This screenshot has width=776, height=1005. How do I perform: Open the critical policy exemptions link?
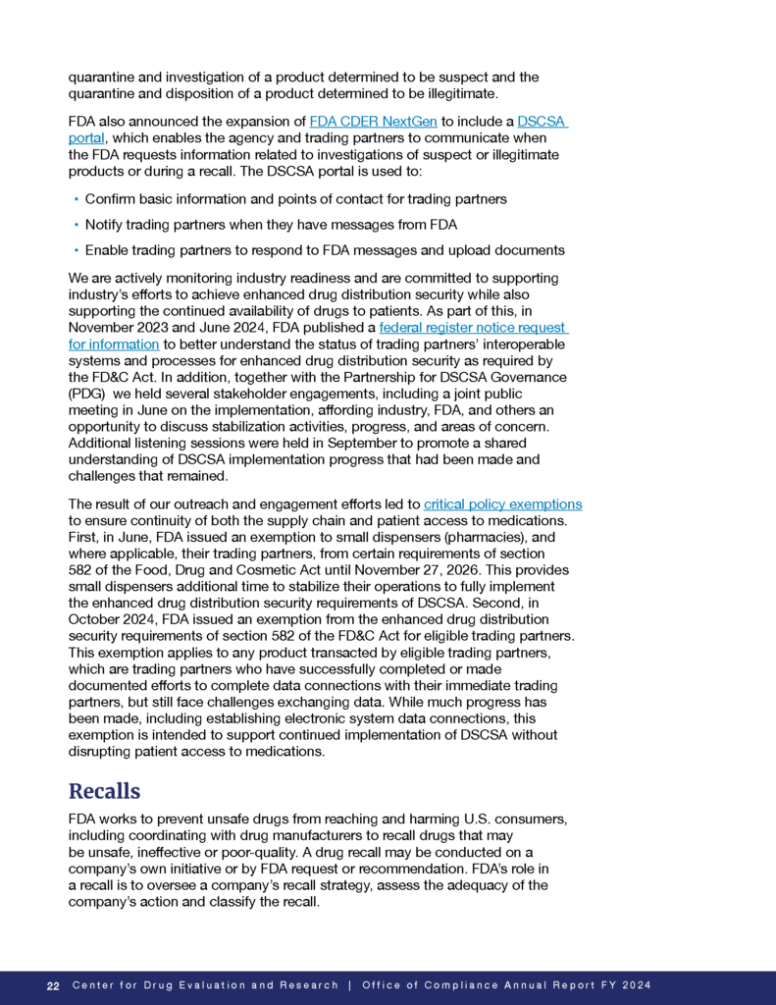(502, 504)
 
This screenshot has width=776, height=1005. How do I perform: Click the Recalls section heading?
(104, 791)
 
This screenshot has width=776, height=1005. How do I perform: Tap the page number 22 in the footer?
(53, 985)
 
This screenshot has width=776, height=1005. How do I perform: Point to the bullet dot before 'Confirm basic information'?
(76, 199)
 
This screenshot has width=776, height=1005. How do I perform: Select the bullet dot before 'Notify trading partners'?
(76, 225)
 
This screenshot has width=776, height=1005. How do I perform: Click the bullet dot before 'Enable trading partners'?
(76, 250)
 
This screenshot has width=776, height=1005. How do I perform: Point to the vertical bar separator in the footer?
(349, 985)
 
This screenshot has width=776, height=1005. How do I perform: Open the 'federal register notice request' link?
(473, 329)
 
